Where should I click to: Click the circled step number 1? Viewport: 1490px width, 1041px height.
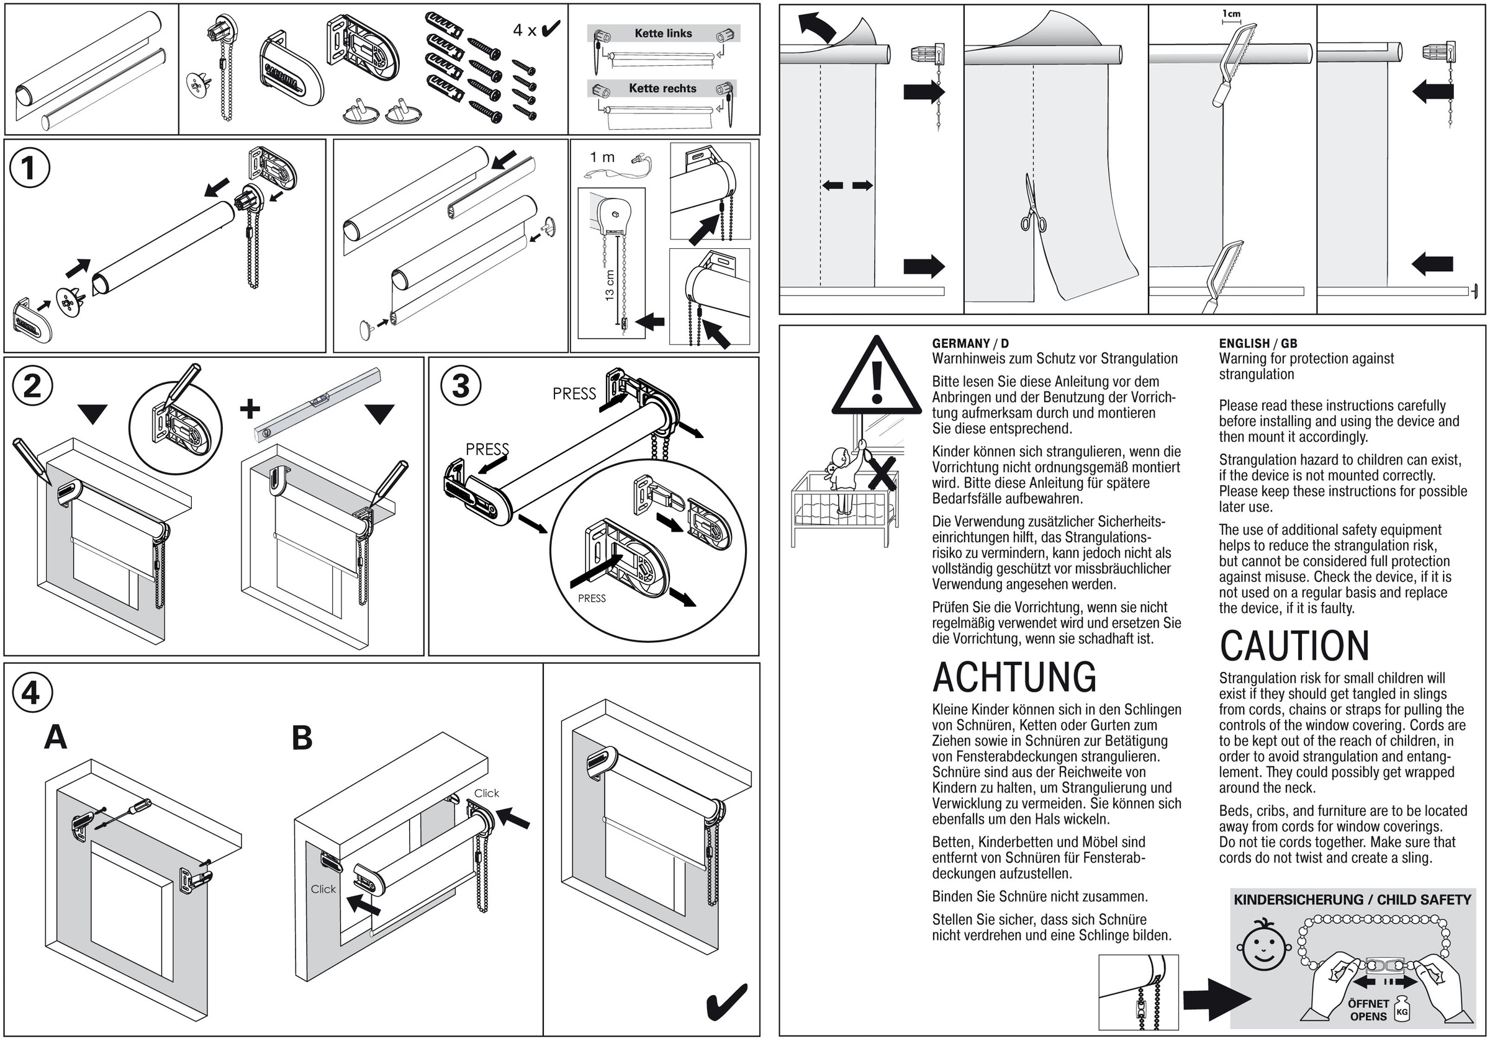[x=30, y=168]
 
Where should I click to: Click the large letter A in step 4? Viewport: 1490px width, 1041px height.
[x=56, y=738]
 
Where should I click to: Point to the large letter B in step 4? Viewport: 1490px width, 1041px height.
[x=302, y=738]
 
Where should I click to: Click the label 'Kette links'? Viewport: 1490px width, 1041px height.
[x=662, y=33]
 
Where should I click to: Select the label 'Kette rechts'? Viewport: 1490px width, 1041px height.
[x=662, y=88]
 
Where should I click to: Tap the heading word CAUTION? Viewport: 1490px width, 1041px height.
[x=1294, y=646]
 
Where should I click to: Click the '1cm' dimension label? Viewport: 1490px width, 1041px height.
[x=1230, y=13]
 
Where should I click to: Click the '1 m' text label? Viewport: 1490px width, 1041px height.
[x=602, y=157]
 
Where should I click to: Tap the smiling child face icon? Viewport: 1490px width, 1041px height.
[x=1261, y=944]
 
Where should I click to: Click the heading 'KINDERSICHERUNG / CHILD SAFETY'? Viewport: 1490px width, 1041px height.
[x=1352, y=900]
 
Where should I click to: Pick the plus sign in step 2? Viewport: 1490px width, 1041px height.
[x=250, y=409]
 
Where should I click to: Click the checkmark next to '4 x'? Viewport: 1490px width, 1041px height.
[x=550, y=29]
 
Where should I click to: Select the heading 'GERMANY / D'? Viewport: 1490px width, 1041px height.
[x=970, y=343]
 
